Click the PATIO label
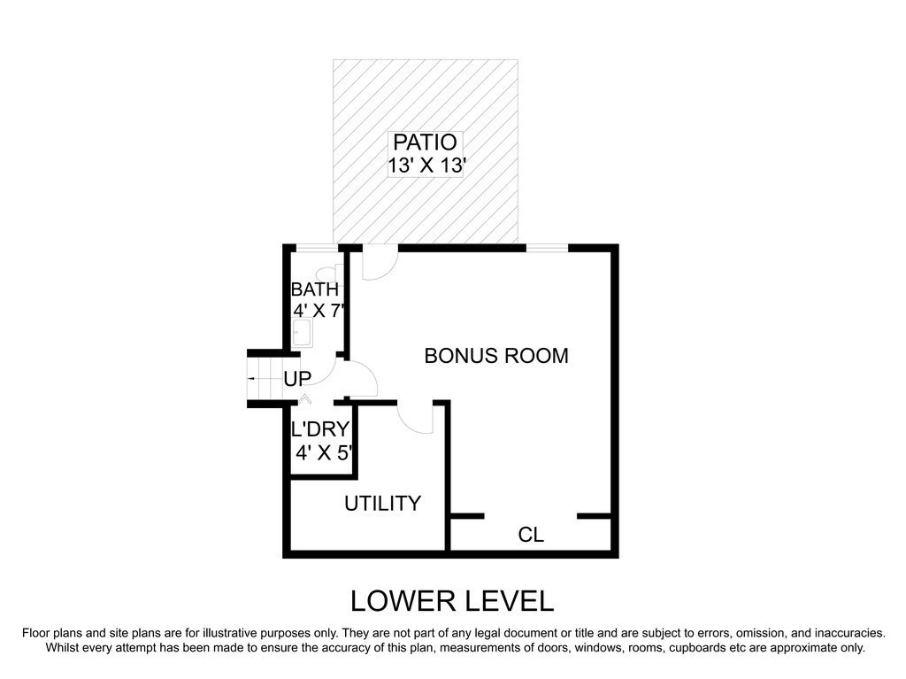[425, 142]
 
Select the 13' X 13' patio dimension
[426, 166]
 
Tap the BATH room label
[314, 289]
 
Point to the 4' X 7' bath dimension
[319, 311]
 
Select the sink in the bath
[303, 333]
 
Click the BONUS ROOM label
[496, 355]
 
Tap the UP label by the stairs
[297, 379]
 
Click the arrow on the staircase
[252, 378]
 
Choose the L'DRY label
[320, 429]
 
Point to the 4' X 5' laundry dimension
[324, 452]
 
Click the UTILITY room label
[382, 504]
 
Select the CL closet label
[531, 535]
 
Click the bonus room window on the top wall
[547, 248]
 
